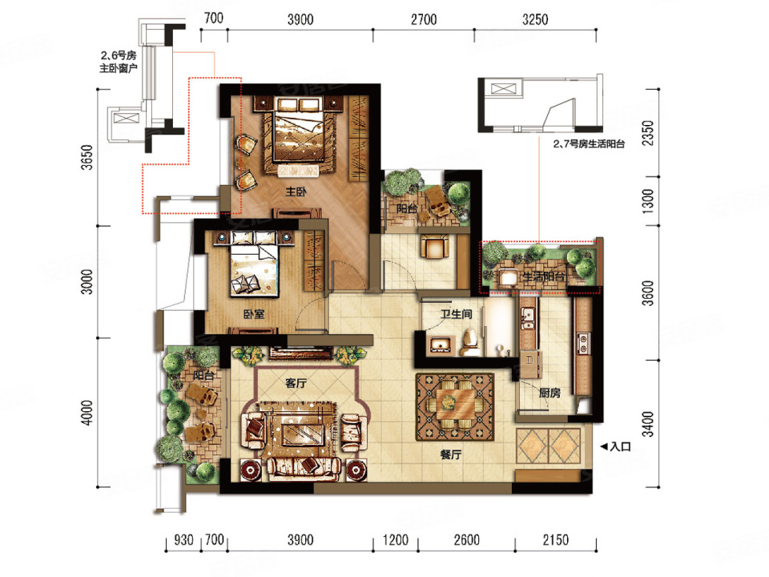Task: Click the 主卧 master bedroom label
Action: point(296,192)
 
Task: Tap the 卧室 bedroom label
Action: point(254,314)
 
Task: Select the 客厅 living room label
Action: point(296,383)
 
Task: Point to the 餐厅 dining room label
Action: point(451,455)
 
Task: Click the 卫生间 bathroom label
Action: point(456,314)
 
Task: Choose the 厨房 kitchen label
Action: point(550,393)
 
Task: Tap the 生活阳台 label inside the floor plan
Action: point(543,276)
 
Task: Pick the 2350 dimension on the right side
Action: point(648,133)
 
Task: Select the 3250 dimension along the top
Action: point(535,19)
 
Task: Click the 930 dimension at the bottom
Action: point(183,540)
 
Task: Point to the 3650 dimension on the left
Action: point(87,157)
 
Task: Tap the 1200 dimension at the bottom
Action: point(395,540)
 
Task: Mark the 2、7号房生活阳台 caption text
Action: point(589,143)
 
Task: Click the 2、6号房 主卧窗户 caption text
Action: point(119,62)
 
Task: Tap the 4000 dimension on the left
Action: point(87,413)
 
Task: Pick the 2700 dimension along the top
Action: point(424,19)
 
